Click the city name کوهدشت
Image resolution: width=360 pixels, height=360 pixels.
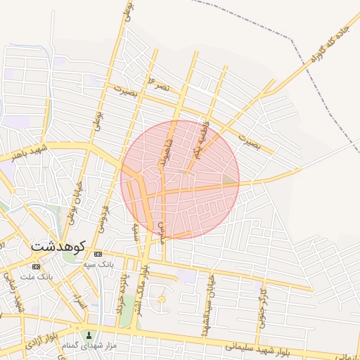[x=58, y=247]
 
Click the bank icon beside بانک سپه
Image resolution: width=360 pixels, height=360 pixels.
[x=98, y=254]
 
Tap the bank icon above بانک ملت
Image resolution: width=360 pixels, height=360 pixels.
[x=36, y=267]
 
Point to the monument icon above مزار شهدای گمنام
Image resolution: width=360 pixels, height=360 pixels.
[x=89, y=335]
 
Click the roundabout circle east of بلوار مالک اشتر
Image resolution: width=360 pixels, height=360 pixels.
[x=162, y=300]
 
